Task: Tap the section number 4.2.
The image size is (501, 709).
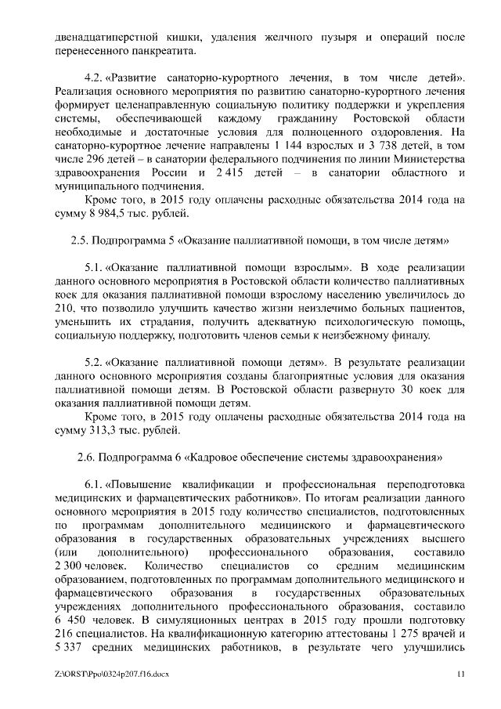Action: pyautogui.click(x=94, y=79)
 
